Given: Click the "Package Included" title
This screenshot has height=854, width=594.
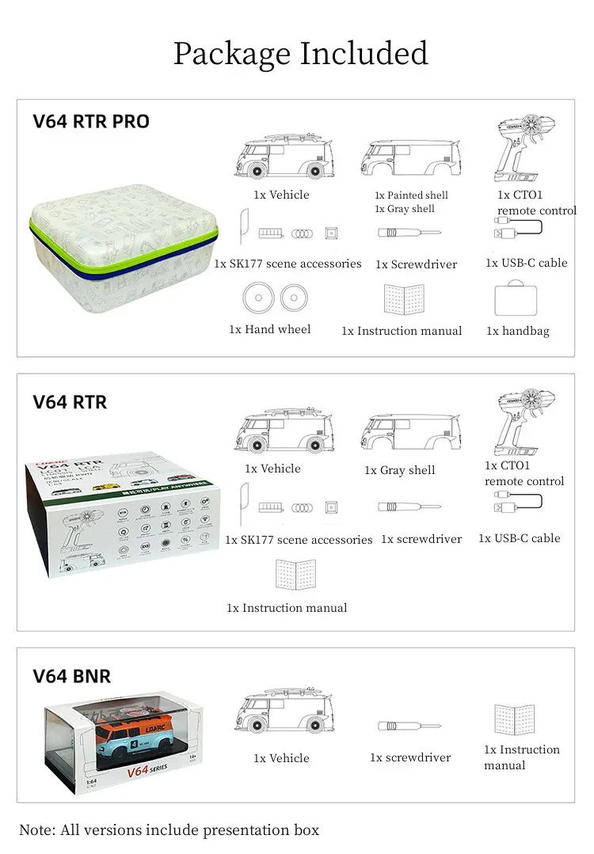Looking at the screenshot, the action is point(300,54).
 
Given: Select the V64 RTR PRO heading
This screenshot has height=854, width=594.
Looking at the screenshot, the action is point(91,122).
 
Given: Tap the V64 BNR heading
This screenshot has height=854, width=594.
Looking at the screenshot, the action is point(72,677).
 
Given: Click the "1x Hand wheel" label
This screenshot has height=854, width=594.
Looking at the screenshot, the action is point(269,329).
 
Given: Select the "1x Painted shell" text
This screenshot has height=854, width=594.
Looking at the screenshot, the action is point(411,195).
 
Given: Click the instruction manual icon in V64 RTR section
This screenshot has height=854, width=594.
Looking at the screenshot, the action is point(295,575).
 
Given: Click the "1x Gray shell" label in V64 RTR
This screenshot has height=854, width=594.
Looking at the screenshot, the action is point(399,470).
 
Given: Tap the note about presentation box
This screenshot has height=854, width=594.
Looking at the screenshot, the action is point(169,829).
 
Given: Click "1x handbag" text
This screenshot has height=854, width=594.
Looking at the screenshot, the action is point(517,332).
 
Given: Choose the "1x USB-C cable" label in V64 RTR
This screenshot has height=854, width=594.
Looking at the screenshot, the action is point(519,538).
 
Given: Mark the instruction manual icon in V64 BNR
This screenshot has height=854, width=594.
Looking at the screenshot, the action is point(515,719).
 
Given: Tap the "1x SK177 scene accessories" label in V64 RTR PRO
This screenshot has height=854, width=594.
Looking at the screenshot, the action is point(287,264).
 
